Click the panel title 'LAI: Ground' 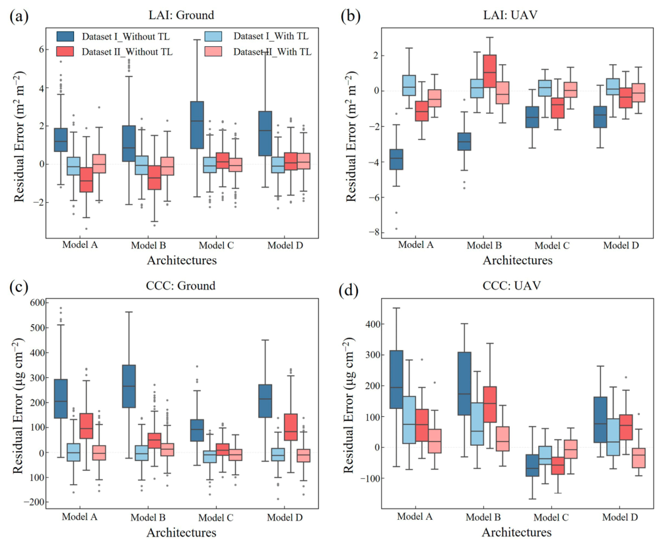(182, 15)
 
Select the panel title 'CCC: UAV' (511, 285)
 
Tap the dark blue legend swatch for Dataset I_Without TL (65, 36)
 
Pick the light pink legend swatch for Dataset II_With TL (213, 52)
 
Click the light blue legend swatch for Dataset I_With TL (213, 36)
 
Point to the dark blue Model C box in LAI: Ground (197, 125)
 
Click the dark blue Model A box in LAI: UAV (396, 159)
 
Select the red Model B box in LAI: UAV (490, 71)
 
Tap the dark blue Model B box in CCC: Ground (129, 386)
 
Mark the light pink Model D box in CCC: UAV (639, 458)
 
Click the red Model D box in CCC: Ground (291, 427)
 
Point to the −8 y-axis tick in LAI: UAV (374, 233)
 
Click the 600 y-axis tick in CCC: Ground (37, 303)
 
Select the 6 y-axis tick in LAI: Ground (42, 50)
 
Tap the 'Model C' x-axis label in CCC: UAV (551, 517)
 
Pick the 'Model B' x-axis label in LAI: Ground (149, 245)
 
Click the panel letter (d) (349, 291)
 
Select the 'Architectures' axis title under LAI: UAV (517, 260)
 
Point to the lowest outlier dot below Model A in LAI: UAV (396, 229)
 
